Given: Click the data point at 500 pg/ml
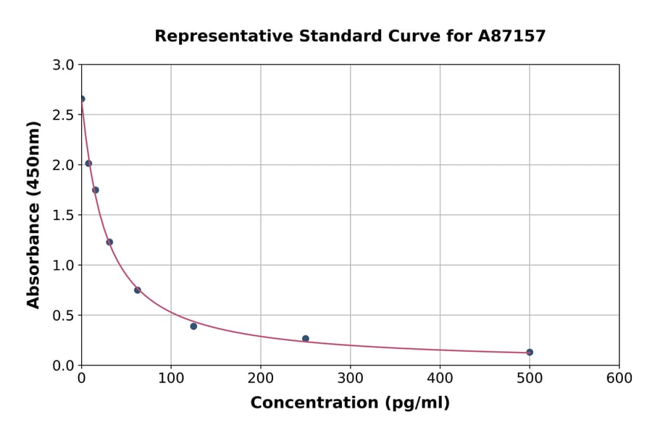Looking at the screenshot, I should [x=530, y=352].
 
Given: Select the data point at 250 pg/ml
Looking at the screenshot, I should [x=306, y=338].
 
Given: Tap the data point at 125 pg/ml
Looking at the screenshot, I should [x=193, y=326].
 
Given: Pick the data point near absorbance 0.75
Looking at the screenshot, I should [x=138, y=290].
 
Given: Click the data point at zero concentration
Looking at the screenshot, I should [x=82, y=98].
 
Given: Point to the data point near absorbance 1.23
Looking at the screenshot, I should [x=109, y=242].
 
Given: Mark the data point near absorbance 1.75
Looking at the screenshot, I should [x=96, y=190].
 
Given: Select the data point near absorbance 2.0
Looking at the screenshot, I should [x=88, y=163].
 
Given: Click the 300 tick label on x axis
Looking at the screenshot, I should [x=350, y=378].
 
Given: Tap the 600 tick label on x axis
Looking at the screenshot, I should [x=619, y=378].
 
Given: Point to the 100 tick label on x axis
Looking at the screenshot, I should [x=171, y=378].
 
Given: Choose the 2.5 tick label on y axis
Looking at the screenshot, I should [x=64, y=114].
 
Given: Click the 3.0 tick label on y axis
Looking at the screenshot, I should [x=64, y=64].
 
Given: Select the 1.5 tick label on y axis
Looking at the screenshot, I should [x=64, y=215].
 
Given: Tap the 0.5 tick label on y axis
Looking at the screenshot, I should [x=64, y=315].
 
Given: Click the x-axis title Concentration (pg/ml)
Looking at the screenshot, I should [x=350, y=402].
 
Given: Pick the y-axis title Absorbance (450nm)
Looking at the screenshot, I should [x=33, y=214].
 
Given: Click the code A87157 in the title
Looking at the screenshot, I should [x=512, y=36].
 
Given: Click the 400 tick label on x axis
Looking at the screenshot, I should [x=440, y=378].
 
